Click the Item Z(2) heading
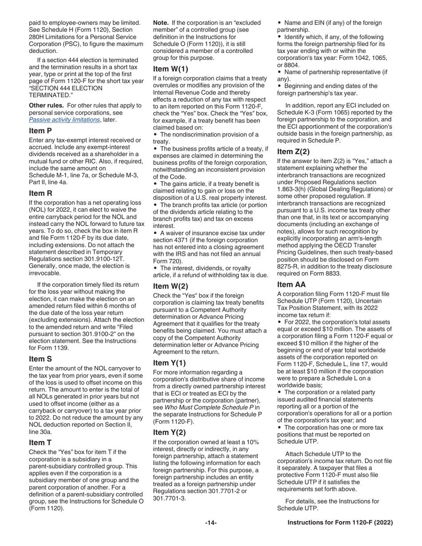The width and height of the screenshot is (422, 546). coord(293,151)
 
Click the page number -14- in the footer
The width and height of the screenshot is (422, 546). coord(211,523)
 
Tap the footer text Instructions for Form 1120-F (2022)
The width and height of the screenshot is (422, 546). coord(340,523)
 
